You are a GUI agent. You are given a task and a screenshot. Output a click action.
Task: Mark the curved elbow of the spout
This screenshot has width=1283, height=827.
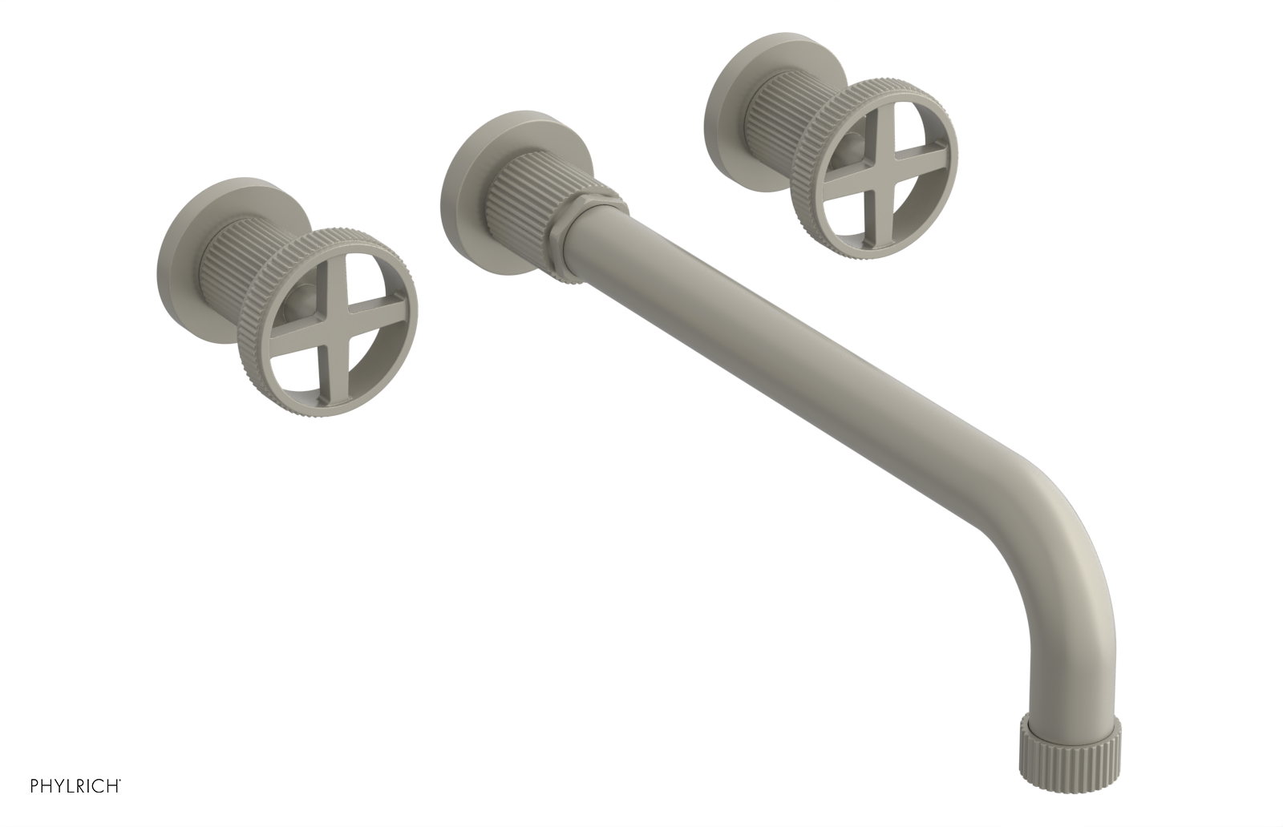point(1071,513)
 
